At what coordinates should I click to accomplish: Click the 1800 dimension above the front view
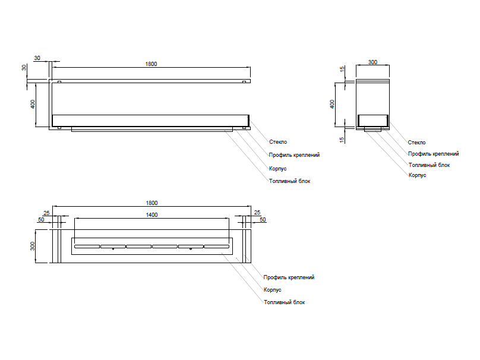[x=151, y=64]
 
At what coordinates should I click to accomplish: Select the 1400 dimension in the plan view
[x=151, y=215]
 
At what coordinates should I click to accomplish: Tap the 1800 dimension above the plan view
[x=151, y=203]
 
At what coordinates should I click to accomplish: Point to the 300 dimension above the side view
[x=372, y=62]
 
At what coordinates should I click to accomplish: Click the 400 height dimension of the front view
[x=33, y=104]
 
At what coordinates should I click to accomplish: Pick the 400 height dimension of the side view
[x=332, y=104]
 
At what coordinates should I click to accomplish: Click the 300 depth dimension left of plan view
[x=33, y=246]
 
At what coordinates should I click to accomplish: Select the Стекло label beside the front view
[x=278, y=142]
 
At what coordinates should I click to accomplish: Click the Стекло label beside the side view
[x=416, y=143]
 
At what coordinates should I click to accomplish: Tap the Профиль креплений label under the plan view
[x=289, y=277]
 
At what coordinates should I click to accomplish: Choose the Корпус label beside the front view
[x=277, y=169]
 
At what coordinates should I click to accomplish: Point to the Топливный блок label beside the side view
[x=429, y=165]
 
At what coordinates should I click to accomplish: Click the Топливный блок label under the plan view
[x=284, y=302]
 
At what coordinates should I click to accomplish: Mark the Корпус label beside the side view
[x=417, y=175]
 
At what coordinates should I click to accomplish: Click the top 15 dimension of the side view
[x=342, y=69]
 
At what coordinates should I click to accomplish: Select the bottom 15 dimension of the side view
[x=342, y=140]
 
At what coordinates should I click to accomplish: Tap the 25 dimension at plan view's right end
[x=257, y=212]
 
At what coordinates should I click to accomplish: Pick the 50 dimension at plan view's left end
[x=41, y=219]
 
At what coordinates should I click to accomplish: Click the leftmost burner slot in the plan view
[x=87, y=247]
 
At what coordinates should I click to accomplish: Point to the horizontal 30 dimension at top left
[x=37, y=58]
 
